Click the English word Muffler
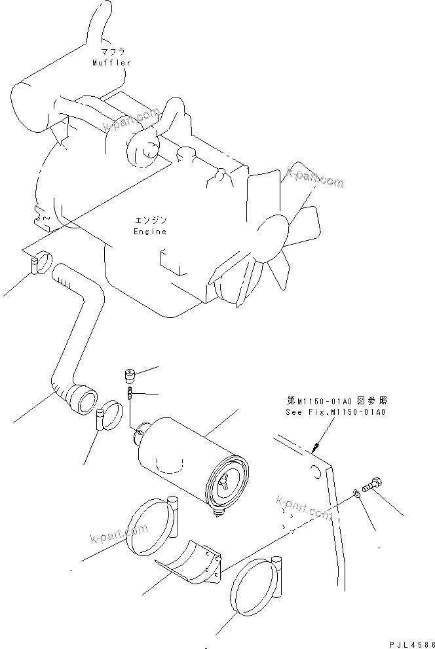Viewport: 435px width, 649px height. pyautogui.click(x=111, y=62)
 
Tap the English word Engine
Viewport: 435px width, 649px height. pyautogui.click(x=150, y=231)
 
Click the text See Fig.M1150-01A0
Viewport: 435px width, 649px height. pyautogui.click(x=335, y=413)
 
